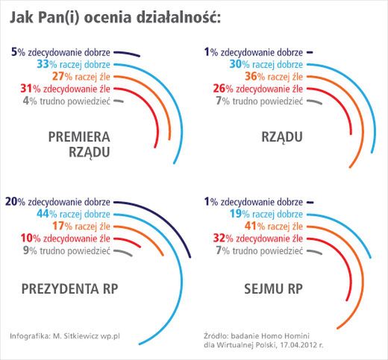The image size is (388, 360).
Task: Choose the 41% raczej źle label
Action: click(x=270, y=226)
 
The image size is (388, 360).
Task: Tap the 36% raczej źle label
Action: click(x=270, y=77)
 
